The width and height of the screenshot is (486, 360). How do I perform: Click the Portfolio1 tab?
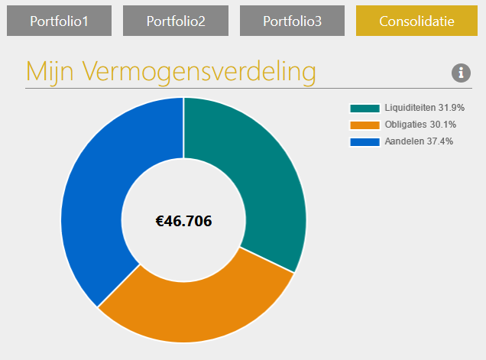(59, 21)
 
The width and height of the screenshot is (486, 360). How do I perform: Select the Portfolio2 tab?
(176, 21)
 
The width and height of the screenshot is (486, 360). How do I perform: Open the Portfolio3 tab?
(293, 21)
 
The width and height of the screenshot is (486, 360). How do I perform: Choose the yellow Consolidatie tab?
(416, 21)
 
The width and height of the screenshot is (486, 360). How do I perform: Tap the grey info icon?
(461, 73)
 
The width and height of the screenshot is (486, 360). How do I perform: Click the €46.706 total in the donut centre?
(183, 222)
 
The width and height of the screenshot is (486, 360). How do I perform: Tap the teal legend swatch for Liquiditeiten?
(364, 109)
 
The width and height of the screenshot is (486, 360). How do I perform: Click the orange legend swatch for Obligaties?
(364, 125)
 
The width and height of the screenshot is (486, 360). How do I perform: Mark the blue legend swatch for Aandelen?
(364, 142)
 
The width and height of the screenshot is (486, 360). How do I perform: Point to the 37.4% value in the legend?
(440, 142)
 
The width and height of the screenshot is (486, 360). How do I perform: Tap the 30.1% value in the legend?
(442, 125)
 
